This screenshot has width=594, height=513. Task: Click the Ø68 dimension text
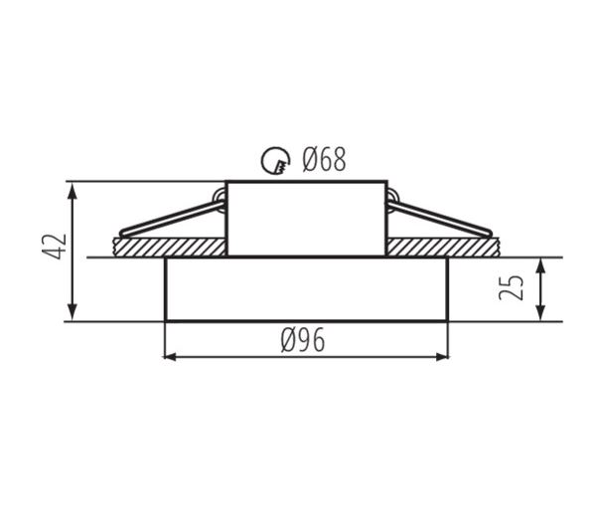pyautogui.click(x=324, y=159)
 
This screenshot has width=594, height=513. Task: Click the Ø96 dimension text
pyautogui.click(x=303, y=341)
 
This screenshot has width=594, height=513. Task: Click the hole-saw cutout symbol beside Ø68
pyautogui.click(x=273, y=160)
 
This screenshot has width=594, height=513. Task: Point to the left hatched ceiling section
pyautogui.click(x=169, y=247)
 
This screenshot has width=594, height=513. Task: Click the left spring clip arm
pyautogui.click(x=169, y=220)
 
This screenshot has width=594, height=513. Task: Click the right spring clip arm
pyautogui.click(x=442, y=220)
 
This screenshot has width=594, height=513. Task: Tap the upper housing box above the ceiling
pyautogui.click(x=305, y=218)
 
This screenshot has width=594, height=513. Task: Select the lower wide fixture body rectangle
pyautogui.click(x=305, y=289)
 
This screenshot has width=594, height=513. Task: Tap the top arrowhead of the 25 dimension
pyautogui.click(x=540, y=265)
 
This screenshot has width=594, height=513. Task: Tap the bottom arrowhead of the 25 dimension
pyautogui.click(x=540, y=313)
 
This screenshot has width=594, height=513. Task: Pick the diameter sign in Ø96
pyautogui.click(x=287, y=341)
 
